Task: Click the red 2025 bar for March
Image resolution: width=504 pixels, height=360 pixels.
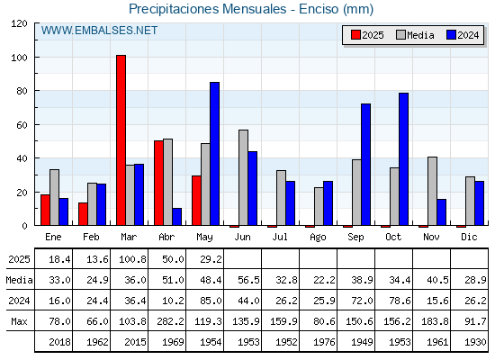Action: pos(121,140)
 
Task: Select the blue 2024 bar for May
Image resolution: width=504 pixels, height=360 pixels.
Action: pos(214,154)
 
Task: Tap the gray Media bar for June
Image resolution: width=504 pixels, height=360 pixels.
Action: pos(243,178)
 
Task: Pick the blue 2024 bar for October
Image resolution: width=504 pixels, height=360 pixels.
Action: pos(403,159)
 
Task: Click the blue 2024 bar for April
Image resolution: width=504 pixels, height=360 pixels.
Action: pos(176,217)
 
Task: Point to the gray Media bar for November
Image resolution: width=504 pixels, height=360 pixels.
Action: pos(432,191)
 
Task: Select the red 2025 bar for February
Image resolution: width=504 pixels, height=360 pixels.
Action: pos(83,214)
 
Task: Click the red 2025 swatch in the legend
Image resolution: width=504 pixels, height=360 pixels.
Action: pos(355,35)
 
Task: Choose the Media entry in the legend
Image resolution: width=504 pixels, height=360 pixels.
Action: pos(415,35)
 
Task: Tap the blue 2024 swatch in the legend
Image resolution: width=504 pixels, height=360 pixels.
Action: pos(451,35)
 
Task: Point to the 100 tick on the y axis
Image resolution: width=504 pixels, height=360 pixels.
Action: pos(21,58)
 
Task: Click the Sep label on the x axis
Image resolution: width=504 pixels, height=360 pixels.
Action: pos(355,237)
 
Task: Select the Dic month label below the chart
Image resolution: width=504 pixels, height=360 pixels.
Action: pos(469,237)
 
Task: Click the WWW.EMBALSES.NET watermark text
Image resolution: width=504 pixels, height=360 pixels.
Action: pos(99,31)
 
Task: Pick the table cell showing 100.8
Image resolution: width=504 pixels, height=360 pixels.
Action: pos(132,259)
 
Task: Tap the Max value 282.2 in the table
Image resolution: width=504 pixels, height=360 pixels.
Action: pos(170,321)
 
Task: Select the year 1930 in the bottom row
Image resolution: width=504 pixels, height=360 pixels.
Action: pos(475,342)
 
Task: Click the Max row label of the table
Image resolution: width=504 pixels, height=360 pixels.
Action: pos(19,321)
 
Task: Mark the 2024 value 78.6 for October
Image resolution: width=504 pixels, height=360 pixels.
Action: pos(400,301)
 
